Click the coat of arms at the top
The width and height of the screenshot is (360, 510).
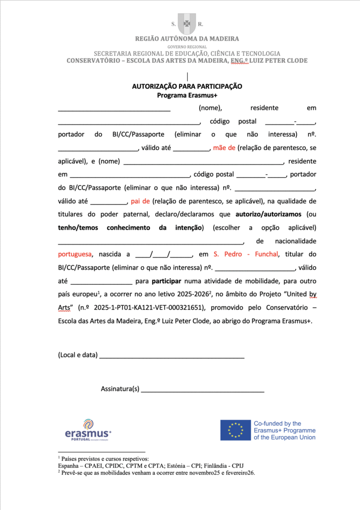click(187, 23)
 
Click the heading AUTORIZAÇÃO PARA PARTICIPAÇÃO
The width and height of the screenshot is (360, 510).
click(187, 86)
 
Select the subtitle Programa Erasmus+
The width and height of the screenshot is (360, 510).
click(188, 95)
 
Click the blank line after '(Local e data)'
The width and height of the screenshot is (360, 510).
click(172, 355)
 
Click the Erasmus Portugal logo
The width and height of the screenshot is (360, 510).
click(88, 430)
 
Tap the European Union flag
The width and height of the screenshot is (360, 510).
click(236, 430)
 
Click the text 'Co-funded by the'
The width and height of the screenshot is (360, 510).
click(277, 423)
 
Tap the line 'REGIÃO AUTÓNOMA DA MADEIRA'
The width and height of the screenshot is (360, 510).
click(187, 38)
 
